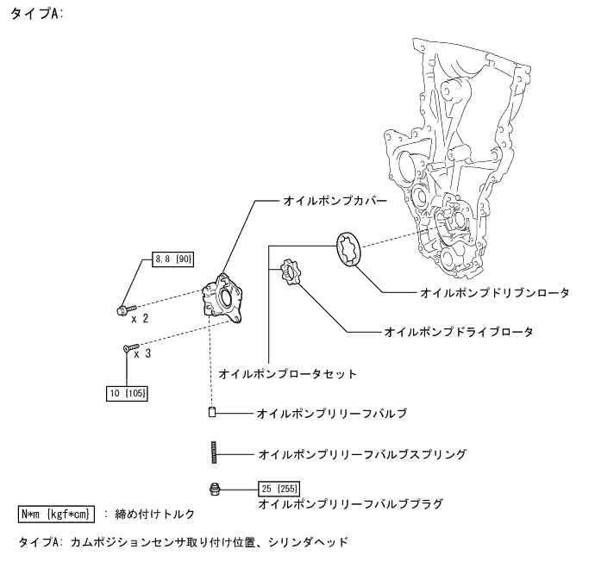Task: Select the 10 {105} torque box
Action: click(127, 393)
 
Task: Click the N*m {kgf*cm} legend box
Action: click(56, 515)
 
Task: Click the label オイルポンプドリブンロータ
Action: click(495, 293)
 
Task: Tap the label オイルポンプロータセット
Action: click(287, 374)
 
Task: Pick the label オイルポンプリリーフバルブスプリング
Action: click(362, 453)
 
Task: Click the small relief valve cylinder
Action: click(211, 414)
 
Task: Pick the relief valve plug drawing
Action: click(212, 489)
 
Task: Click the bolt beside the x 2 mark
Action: click(122, 308)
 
